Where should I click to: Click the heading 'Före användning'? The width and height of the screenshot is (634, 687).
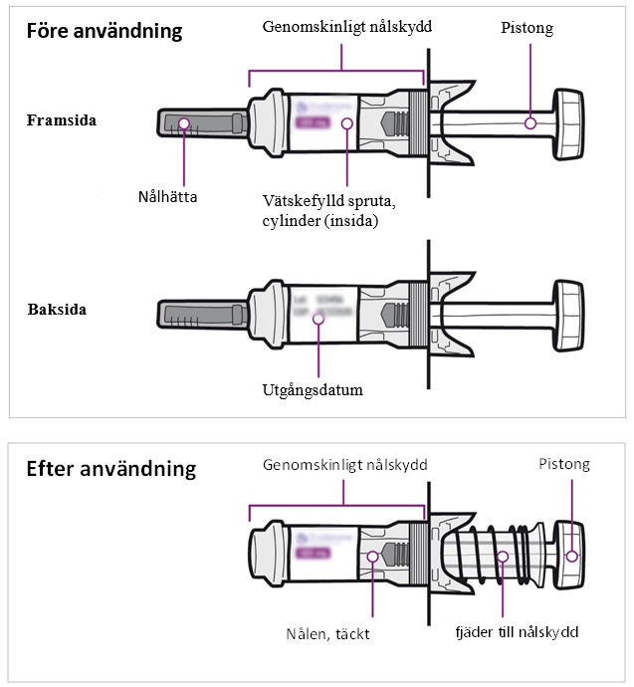click(x=105, y=31)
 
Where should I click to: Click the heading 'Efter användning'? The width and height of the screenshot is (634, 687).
click(x=110, y=468)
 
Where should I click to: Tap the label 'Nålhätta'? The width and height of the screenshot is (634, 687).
click(x=167, y=196)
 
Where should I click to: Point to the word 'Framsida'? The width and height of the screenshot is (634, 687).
click(x=62, y=121)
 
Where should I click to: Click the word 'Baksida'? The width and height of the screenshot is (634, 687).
click(x=56, y=310)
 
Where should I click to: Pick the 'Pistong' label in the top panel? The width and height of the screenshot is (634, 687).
click(x=527, y=28)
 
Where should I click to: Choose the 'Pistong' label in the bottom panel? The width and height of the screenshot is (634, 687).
click(x=563, y=464)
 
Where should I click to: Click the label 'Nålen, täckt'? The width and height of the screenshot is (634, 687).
click(x=327, y=633)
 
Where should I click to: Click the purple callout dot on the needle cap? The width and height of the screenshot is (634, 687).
click(x=184, y=122)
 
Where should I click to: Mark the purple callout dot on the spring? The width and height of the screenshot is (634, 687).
click(x=504, y=557)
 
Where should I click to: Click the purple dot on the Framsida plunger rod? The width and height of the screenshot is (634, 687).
click(x=530, y=122)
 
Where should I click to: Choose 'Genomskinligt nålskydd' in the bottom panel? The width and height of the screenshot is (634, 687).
click(x=344, y=465)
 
